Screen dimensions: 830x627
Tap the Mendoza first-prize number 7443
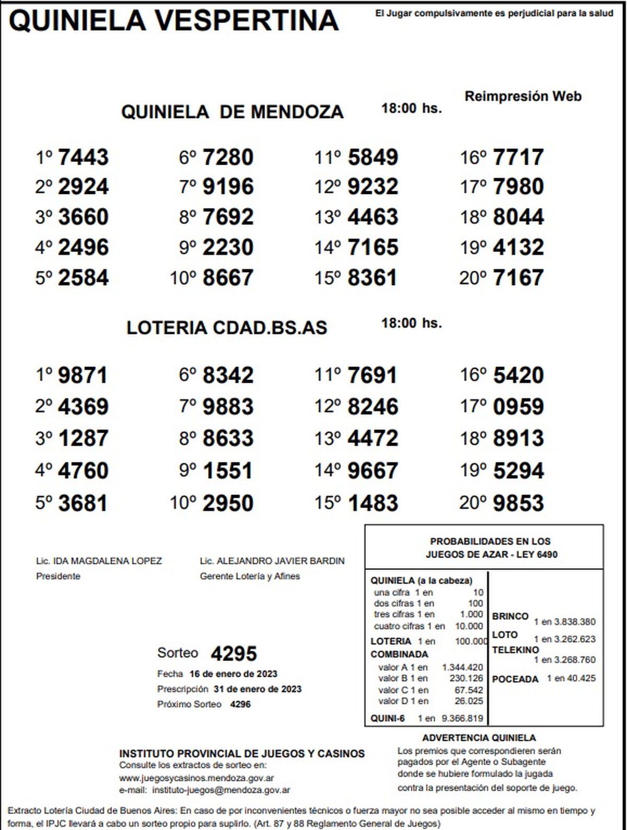(x=83, y=157)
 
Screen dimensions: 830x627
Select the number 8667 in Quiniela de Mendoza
(x=228, y=278)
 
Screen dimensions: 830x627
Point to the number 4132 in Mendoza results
(x=518, y=247)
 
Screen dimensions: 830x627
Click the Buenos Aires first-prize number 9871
(x=83, y=375)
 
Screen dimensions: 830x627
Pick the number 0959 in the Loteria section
(x=518, y=407)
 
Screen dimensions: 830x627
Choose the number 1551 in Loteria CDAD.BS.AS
(x=228, y=470)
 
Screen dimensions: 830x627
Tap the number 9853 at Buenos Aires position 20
(x=518, y=503)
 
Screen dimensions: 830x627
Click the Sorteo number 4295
(x=234, y=653)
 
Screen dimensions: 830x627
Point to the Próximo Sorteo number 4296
(x=240, y=704)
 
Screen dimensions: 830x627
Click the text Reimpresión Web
(x=522, y=96)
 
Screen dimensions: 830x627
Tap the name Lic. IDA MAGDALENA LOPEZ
(x=99, y=561)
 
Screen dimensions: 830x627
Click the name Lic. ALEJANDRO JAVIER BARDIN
(x=272, y=561)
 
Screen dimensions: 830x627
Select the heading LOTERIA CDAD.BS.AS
(x=227, y=328)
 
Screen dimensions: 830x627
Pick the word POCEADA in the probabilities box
(x=515, y=679)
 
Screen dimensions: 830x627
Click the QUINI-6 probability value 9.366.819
(x=462, y=718)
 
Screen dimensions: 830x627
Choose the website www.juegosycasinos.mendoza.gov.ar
(x=196, y=778)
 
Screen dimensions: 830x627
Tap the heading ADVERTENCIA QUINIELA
(x=479, y=738)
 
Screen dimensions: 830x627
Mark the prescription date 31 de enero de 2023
(x=257, y=689)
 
